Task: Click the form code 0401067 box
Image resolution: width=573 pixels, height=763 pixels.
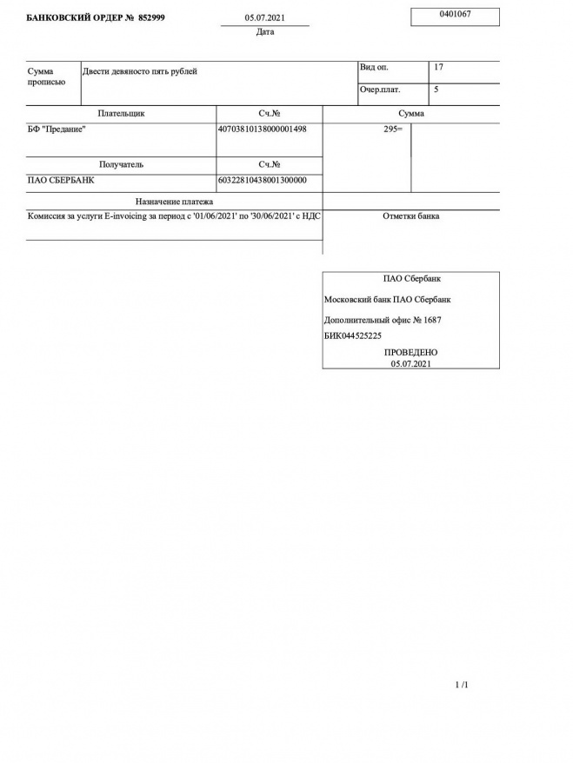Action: tap(455, 16)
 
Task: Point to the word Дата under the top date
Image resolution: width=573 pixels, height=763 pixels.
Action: tap(265, 32)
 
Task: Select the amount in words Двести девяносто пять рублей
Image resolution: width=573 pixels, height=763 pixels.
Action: tap(139, 71)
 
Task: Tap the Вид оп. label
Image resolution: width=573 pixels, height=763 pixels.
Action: tap(376, 67)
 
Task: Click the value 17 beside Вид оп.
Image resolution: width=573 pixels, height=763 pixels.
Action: tap(438, 67)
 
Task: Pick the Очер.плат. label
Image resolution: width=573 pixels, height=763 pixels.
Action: tap(380, 90)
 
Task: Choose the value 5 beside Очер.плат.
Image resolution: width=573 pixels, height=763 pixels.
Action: tap(436, 90)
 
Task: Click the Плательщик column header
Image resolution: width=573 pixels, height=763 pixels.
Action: tap(121, 114)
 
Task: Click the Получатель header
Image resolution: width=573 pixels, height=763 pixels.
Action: tap(121, 164)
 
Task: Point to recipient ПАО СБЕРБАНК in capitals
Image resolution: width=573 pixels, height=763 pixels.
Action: tap(61, 181)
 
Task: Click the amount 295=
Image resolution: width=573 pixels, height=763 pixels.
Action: tap(392, 129)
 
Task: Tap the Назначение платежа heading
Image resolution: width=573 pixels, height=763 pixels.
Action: tap(174, 202)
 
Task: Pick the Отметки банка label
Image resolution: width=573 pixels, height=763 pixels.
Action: tap(410, 216)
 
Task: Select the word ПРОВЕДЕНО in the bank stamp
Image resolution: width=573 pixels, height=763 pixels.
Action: tap(410, 352)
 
